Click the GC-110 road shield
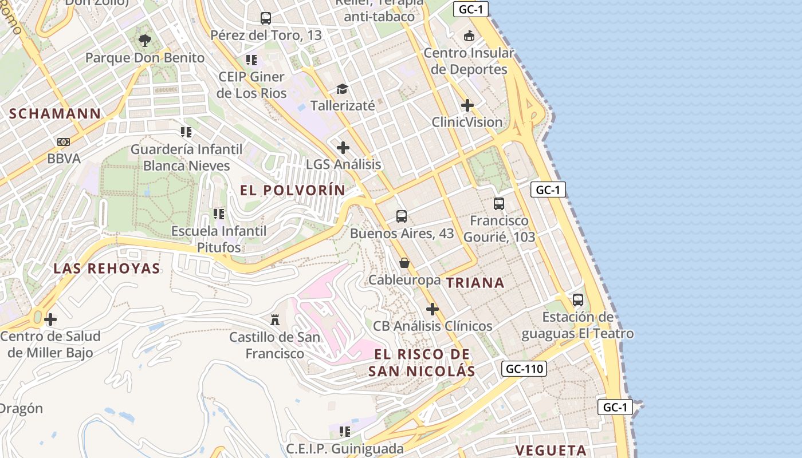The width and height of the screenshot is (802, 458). (524, 369)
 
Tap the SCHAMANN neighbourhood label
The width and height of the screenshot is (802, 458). (55, 113)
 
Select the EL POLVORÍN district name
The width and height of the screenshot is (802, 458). (293, 191)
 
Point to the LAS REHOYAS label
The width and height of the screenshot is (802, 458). (107, 268)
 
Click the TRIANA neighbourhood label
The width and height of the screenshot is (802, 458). (475, 282)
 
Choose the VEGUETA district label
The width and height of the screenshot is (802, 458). (551, 450)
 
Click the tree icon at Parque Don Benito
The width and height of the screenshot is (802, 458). (145, 40)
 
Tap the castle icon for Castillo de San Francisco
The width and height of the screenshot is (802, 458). (275, 319)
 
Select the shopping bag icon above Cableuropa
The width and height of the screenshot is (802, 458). (404, 263)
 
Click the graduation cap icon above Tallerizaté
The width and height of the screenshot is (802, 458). (342, 89)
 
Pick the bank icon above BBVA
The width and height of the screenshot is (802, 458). (64, 141)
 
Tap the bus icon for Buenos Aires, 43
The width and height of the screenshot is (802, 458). (402, 216)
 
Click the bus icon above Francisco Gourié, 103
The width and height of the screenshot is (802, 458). (499, 203)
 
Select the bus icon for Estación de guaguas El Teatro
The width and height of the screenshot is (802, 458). (578, 299)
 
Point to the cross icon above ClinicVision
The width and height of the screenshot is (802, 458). (467, 105)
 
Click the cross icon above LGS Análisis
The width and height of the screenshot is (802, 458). (343, 148)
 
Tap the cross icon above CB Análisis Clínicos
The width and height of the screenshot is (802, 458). (433, 309)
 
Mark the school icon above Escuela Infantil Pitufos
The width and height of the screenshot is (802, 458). (218, 214)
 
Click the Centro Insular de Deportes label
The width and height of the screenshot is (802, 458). (469, 61)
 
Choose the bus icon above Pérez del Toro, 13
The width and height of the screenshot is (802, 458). (266, 18)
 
